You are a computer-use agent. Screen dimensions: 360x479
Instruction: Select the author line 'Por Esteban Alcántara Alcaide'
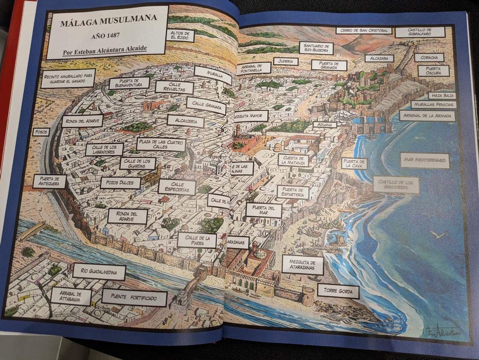[105, 49]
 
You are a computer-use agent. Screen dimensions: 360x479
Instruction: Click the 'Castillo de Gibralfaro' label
[420, 32]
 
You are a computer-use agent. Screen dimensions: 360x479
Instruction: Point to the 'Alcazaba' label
[379, 58]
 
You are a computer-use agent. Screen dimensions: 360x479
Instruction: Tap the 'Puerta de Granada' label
[329, 65]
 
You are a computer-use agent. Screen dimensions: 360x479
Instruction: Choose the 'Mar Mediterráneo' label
[425, 160]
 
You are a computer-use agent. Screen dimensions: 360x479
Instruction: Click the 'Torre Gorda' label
[338, 291]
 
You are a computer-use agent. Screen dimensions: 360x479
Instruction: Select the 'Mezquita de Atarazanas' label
[303, 265]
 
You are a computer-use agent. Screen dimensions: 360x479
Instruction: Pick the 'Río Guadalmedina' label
[99, 272]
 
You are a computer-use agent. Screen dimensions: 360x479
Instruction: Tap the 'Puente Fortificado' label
[134, 298]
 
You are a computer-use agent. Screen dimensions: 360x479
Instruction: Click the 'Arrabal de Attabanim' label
[71, 296]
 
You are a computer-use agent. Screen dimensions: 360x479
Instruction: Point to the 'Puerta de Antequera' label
[49, 181]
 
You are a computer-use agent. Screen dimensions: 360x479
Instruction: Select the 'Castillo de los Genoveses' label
[396, 185]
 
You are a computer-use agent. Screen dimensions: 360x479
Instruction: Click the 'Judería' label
[286, 62]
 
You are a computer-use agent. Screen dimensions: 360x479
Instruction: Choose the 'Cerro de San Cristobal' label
[364, 30]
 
